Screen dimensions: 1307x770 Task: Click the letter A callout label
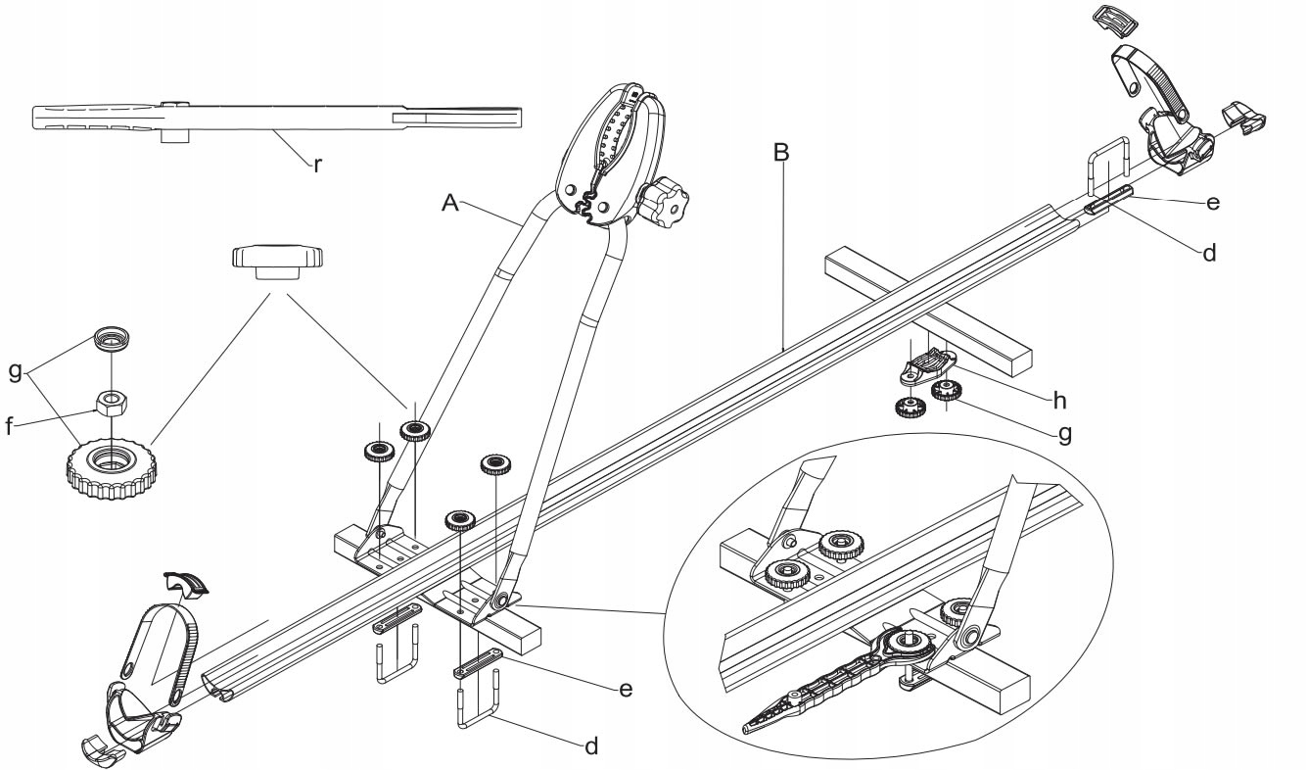click(450, 203)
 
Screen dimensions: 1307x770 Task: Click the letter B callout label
click(780, 152)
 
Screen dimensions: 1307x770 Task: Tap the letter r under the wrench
click(317, 166)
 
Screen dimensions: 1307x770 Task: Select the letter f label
click(9, 426)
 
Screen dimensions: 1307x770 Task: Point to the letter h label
click(1059, 401)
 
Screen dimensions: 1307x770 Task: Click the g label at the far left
click(16, 371)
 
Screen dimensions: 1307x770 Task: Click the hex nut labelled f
click(111, 403)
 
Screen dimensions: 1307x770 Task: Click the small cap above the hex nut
click(112, 338)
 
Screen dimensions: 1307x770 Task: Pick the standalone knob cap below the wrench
click(277, 264)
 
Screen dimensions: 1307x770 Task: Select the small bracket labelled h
click(929, 366)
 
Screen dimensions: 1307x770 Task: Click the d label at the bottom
click(591, 746)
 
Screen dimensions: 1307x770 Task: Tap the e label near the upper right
click(1212, 203)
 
